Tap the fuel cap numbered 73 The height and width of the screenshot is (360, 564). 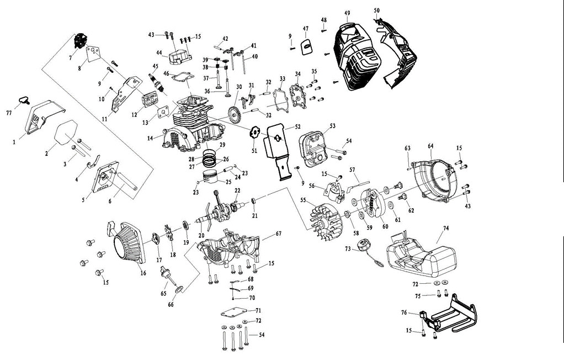[x=364, y=246]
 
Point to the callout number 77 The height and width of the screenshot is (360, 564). [x=9, y=112]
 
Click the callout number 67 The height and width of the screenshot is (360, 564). [x=279, y=234]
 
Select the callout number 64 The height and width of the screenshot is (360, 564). [x=430, y=146]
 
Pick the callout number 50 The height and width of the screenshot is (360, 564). [x=376, y=10]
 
